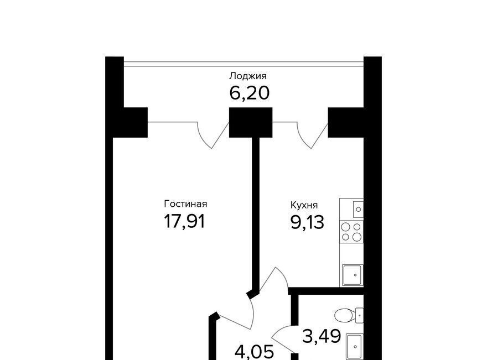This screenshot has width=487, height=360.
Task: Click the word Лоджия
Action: point(248,76)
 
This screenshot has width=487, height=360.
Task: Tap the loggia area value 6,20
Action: point(249,93)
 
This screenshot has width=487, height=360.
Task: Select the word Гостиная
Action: point(185,204)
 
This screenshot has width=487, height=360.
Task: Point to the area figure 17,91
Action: point(184,222)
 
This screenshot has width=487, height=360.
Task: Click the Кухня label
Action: point(304,205)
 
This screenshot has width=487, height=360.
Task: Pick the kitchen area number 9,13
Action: point(307,222)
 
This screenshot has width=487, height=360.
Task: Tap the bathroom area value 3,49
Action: point(322,336)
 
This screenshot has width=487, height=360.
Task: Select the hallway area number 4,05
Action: point(255,352)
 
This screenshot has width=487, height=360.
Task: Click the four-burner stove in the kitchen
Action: point(351,232)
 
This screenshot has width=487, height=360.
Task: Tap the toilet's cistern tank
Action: point(359,316)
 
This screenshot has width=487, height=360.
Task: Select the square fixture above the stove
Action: point(358,209)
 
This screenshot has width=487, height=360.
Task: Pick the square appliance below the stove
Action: point(353,275)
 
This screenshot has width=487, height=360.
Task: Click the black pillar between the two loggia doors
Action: point(251,122)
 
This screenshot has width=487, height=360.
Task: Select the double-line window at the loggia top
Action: point(244,64)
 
